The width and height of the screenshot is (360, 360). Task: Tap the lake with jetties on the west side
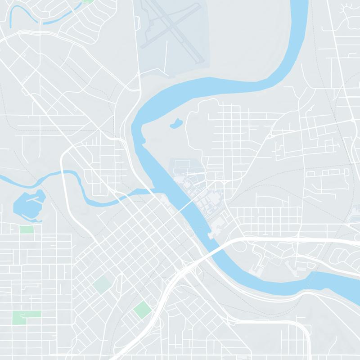28,205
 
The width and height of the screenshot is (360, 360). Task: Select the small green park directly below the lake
27,229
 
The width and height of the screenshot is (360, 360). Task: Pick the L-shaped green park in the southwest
26,314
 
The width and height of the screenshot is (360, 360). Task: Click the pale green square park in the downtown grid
102,284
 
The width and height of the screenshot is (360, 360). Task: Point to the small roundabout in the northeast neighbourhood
270,135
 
